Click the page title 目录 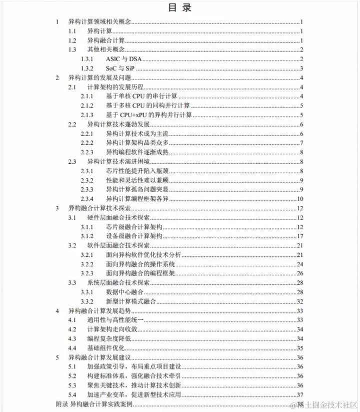(179, 8)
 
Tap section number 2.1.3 (87, 114)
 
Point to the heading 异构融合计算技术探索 (99, 208)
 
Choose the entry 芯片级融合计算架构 (132, 227)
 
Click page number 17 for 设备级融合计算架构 (300, 236)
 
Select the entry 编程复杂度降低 (108, 339)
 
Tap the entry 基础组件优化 (105, 348)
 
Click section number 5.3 (72, 385)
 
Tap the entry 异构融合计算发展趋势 (99, 311)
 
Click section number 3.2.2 (87, 264)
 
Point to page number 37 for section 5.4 (300, 394)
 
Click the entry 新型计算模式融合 (131, 301)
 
